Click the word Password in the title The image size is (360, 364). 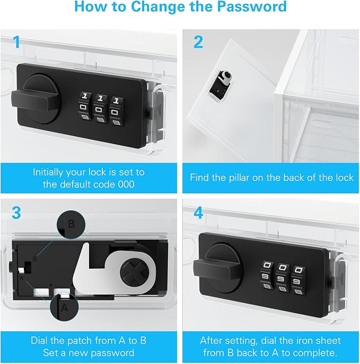[252, 6]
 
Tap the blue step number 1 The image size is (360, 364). [16, 42]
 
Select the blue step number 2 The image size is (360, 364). [198, 42]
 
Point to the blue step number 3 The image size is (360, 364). [16, 213]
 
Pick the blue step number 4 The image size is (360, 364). [198, 213]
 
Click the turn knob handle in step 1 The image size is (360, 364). [34, 101]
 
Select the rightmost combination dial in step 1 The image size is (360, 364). [116, 112]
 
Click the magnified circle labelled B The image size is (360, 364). [71, 225]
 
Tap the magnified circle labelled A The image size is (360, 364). [64, 307]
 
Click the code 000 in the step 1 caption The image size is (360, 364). [126, 184]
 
